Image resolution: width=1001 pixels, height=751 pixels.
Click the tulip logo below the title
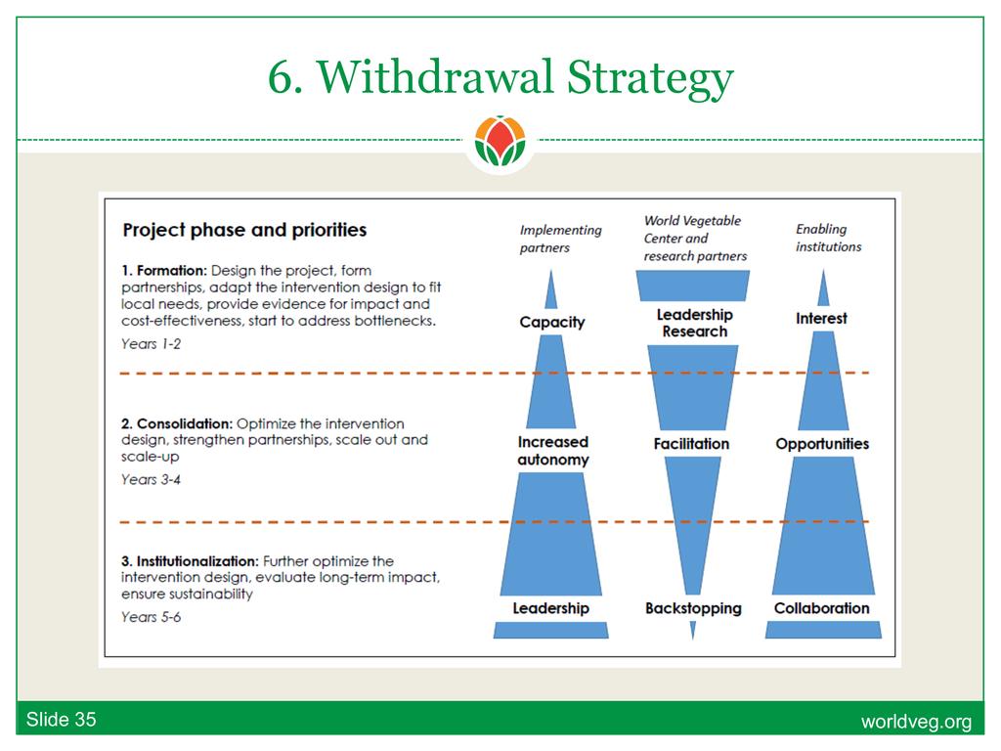tap(500, 141)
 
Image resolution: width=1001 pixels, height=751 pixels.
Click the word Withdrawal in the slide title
tap(435, 77)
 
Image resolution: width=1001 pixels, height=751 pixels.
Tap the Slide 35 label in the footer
tap(62, 720)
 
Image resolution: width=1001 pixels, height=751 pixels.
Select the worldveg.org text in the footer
tap(916, 722)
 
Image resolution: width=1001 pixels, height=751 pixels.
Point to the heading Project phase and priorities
tap(244, 230)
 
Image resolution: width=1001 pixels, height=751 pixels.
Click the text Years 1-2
tap(152, 344)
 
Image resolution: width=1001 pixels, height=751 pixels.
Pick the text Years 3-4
tap(152, 479)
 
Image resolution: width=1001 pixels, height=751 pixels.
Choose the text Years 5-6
tap(152, 617)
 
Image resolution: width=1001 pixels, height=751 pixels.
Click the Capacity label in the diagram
tap(552, 323)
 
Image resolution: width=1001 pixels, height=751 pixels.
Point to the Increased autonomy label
tap(553, 451)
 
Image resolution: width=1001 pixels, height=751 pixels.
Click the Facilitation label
tap(691, 444)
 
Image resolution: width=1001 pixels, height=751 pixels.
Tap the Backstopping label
tap(693, 608)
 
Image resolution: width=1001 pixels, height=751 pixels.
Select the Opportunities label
tap(822, 444)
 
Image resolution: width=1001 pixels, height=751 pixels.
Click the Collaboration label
tap(821, 608)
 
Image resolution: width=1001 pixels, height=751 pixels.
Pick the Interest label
tap(821, 318)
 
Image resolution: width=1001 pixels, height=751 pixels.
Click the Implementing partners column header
tap(560, 239)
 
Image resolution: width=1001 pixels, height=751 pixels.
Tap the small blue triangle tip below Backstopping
tap(693, 631)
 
